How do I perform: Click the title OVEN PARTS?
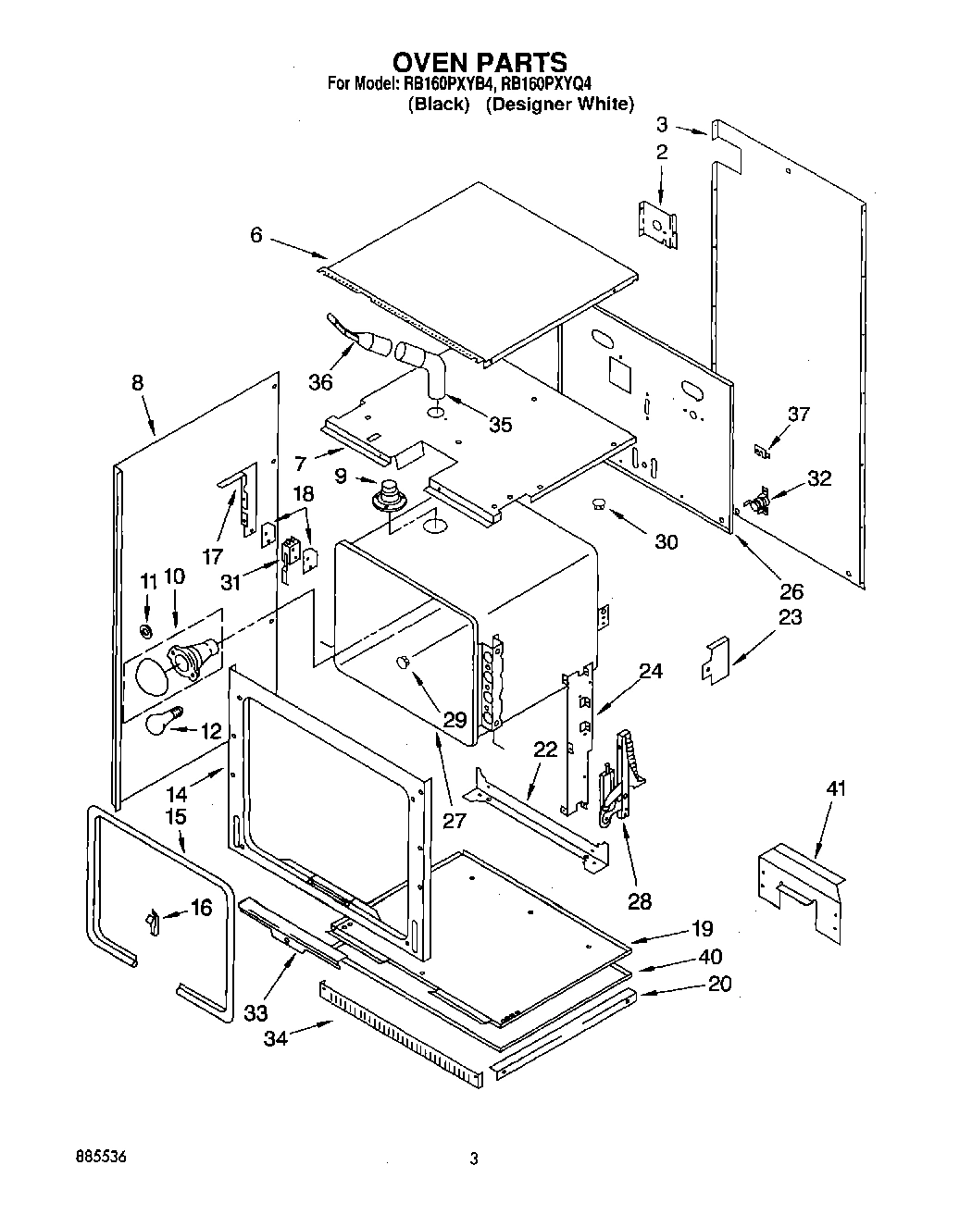(x=480, y=62)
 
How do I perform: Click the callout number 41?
(x=836, y=788)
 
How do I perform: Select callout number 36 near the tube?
(x=320, y=381)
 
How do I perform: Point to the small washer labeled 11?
(x=146, y=631)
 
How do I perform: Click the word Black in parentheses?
(x=440, y=105)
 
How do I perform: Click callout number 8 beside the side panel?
(x=138, y=382)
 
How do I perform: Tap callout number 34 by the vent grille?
(x=275, y=1038)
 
